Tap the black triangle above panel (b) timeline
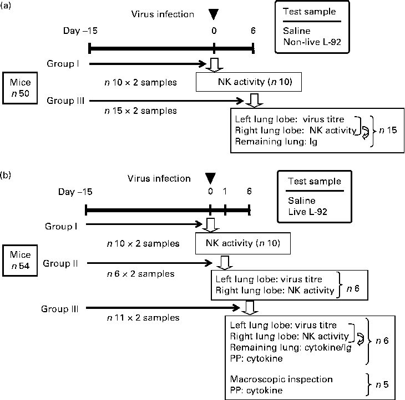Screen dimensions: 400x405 coord(210,178)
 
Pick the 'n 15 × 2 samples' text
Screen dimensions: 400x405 coord(141,111)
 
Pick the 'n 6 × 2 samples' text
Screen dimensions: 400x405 coord(140,273)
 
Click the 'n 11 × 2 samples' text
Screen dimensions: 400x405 coord(143,318)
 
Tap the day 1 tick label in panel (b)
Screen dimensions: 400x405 coord(225,191)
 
